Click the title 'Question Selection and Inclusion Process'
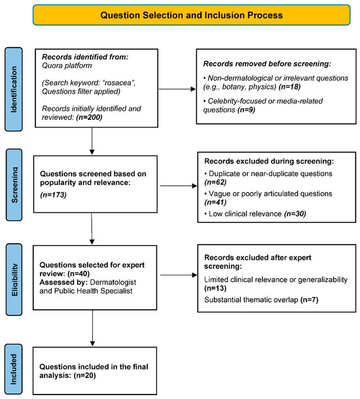point(192,15)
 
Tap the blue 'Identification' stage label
point(14,90)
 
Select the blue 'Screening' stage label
point(14,184)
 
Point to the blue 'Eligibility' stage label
point(14,280)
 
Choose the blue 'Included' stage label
point(14,369)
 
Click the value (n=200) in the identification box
point(89,117)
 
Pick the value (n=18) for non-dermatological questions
point(290,87)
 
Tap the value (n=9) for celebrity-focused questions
point(246,110)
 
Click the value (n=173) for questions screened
point(53,195)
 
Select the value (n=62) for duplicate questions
point(215,182)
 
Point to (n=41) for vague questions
point(215,202)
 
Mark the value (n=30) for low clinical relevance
point(295,214)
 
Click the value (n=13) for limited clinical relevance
point(215,288)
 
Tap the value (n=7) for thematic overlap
point(310,300)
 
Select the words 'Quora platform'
point(67,65)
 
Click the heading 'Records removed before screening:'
point(267,64)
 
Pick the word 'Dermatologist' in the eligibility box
point(113,282)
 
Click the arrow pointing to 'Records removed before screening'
point(177,89)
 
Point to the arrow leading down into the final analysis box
point(92,328)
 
